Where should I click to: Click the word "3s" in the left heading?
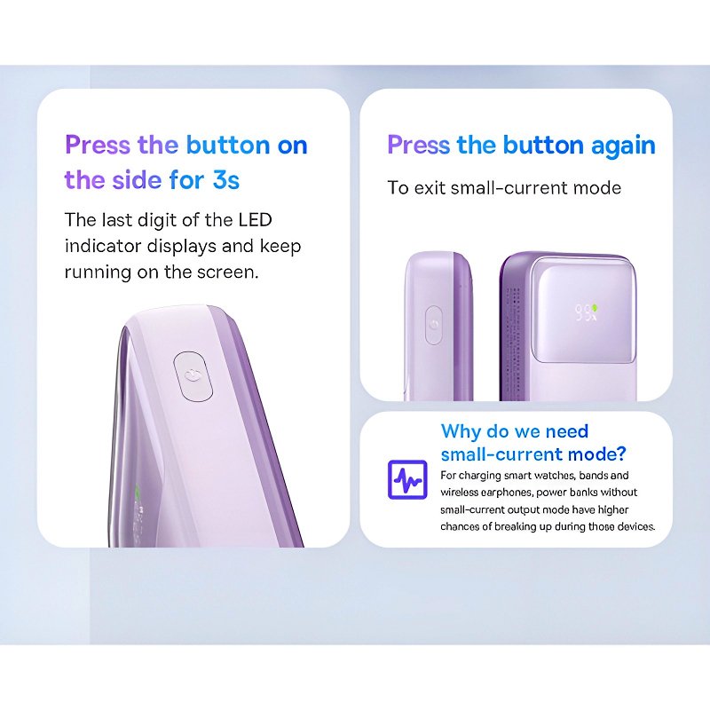pos(225,180)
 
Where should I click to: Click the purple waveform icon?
pos(407,480)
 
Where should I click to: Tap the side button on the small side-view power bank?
pos(434,325)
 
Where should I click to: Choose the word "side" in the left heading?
pos(138,180)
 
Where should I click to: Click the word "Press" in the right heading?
pos(419,146)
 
